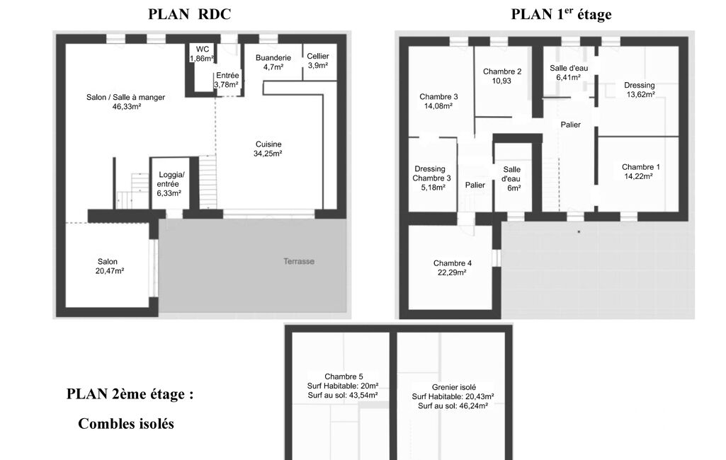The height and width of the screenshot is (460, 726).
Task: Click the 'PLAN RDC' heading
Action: (189, 14)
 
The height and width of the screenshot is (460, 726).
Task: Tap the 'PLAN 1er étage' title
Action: (561, 14)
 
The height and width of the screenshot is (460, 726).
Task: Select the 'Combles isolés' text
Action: (126, 423)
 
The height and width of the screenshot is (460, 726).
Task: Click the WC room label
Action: (203, 49)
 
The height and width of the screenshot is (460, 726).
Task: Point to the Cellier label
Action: (317, 56)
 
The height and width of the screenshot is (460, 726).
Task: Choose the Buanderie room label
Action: (273, 58)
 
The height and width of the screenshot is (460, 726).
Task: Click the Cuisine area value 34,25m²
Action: (268, 154)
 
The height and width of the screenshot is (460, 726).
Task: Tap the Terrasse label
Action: (299, 261)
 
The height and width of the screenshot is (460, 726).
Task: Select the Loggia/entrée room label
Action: (171, 184)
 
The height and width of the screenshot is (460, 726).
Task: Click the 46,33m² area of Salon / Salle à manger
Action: (126, 106)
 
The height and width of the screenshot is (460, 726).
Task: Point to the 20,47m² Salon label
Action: (109, 271)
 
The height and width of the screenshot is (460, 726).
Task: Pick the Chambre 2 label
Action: (502, 71)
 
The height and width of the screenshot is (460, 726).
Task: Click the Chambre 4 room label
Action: (453, 263)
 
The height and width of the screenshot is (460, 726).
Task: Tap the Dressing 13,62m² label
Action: (640, 90)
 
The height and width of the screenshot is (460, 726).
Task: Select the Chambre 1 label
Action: (641, 167)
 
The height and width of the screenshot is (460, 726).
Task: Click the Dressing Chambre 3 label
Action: (431, 173)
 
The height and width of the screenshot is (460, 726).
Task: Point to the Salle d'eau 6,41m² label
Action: (569, 73)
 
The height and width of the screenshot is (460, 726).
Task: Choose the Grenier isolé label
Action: (454, 387)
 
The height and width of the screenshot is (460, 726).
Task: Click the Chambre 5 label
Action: (344, 376)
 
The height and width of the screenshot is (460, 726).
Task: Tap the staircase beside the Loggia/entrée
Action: (208, 182)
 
